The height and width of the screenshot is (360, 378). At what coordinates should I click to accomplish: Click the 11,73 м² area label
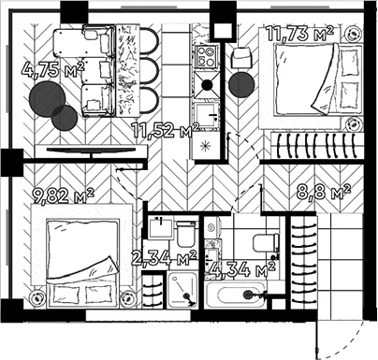[299, 34]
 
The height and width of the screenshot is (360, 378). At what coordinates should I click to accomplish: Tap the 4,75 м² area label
[53, 69]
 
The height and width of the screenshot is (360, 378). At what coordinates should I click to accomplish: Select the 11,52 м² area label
[165, 130]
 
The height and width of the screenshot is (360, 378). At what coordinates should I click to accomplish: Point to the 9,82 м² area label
[63, 195]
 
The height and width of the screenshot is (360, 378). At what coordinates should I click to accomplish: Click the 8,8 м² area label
[324, 192]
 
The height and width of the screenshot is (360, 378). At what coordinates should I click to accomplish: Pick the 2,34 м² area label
[164, 258]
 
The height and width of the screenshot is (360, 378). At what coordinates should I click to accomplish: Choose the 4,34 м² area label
[242, 269]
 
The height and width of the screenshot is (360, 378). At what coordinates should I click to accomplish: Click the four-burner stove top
[206, 57]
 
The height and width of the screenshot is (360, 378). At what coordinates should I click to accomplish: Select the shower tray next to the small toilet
[182, 290]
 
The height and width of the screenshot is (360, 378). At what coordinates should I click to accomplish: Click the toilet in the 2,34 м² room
[186, 234]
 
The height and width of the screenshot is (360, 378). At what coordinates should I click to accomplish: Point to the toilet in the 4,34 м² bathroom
[266, 243]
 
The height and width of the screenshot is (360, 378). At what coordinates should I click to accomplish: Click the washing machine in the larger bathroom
[213, 228]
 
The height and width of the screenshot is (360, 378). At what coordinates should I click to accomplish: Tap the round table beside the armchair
[241, 85]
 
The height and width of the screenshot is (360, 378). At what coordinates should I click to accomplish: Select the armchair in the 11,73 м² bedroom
[242, 57]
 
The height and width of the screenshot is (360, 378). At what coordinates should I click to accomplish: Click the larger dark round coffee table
[47, 99]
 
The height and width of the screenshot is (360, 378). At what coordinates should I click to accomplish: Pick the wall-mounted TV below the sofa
[92, 151]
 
